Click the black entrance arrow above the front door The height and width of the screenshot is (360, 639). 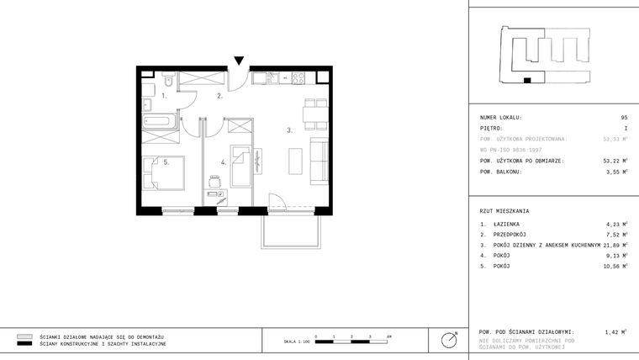(240, 61)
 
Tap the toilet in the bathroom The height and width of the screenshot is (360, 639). (169, 82)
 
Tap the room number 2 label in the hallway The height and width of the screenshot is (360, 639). (219, 97)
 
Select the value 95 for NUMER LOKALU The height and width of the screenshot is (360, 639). (624, 118)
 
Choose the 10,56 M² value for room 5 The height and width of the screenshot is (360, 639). (615, 265)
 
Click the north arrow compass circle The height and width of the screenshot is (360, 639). (451, 340)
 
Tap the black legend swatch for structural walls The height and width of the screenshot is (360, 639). (24, 344)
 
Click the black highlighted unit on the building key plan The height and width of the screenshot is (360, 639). (527, 81)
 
